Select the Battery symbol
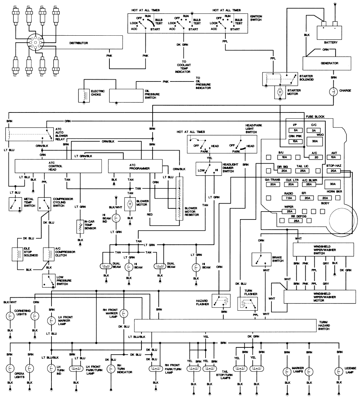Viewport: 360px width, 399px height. click(x=328, y=32)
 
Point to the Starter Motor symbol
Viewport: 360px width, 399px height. click(x=280, y=92)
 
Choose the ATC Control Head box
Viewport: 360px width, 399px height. click(x=58, y=166)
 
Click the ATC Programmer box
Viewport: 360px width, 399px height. click(x=135, y=166)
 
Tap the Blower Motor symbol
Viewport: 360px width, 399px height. click(x=130, y=204)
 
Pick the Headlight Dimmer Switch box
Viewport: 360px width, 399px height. click(x=208, y=169)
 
